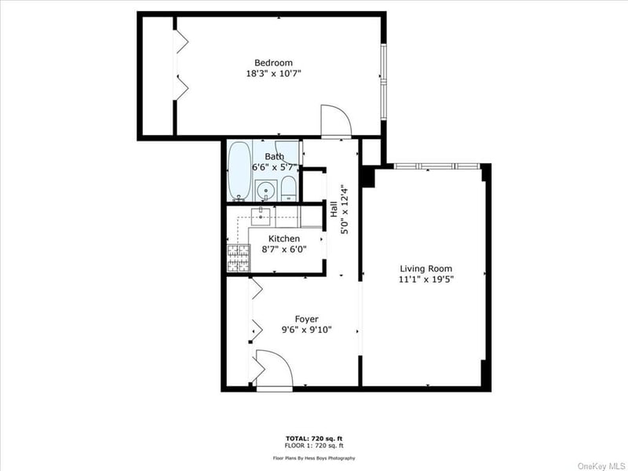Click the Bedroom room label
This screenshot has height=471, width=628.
[273, 63]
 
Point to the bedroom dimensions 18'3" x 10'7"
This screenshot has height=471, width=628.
[273, 74]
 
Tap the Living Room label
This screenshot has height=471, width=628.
[426, 268]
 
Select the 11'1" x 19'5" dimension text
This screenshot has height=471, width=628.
[426, 279]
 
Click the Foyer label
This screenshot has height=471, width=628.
[306, 319]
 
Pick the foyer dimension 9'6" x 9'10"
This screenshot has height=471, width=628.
[306, 330]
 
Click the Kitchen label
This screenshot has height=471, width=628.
[284, 239]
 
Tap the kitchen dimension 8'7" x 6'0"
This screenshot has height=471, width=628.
[284, 250]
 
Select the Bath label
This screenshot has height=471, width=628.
[274, 156]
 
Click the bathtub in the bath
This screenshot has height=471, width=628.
[239, 171]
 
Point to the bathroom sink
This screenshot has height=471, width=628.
[266, 191]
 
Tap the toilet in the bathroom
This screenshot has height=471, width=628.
[288, 188]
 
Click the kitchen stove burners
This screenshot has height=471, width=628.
[239, 258]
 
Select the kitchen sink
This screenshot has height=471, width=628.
[261, 217]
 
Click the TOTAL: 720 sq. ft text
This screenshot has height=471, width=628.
[314, 439]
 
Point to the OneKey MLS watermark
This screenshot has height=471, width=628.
[601, 466]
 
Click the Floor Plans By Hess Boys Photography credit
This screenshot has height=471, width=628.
[314, 458]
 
